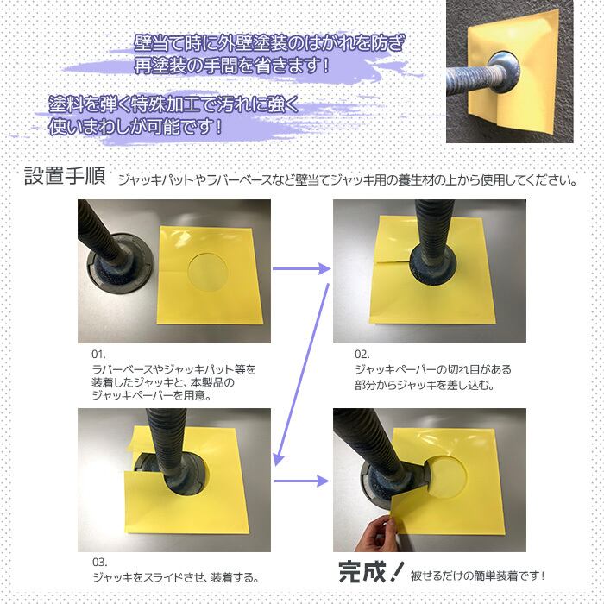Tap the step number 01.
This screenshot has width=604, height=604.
[98, 355]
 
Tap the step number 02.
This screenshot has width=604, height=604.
[362, 355]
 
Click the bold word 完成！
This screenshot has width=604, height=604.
[369, 571]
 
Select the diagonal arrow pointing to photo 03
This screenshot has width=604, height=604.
[302, 371]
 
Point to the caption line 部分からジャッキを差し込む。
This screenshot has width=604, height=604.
[424, 385]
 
